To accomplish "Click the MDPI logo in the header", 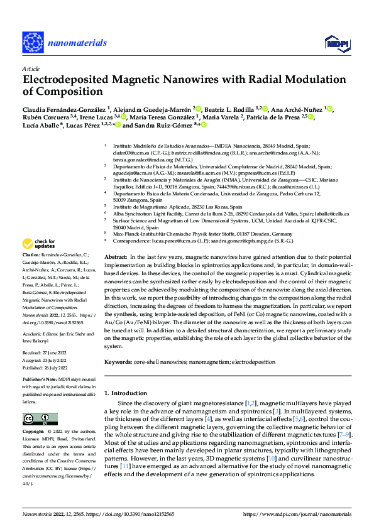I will [337, 42].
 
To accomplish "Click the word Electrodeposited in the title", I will [67, 80].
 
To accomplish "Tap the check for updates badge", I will [39, 244].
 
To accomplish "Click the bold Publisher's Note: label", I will [39, 380].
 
